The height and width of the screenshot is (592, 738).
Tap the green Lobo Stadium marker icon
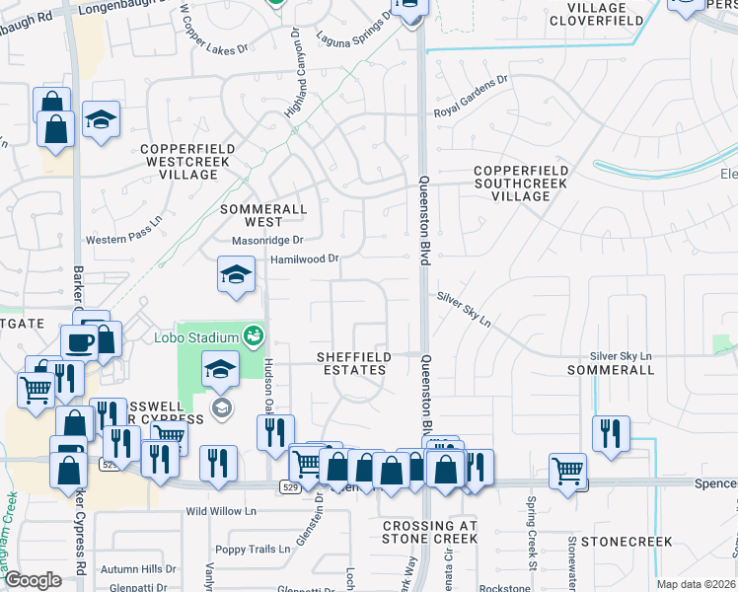[x=254, y=336]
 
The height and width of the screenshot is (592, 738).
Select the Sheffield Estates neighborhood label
[x=352, y=362]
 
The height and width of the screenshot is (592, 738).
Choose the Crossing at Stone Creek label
[x=430, y=532]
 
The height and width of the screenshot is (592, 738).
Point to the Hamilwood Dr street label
[x=305, y=259]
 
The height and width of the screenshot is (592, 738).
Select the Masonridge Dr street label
[x=266, y=240]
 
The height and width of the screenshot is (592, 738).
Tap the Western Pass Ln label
[x=123, y=239]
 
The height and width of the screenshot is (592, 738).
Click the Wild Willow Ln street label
[x=221, y=512]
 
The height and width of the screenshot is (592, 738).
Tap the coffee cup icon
[x=78, y=342]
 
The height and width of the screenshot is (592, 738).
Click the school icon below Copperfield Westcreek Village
[x=236, y=275]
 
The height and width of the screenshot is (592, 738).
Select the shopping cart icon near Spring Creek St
[x=568, y=470]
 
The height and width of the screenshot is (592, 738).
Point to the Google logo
[x=33, y=580]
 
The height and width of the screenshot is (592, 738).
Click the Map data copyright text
[x=695, y=584]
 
